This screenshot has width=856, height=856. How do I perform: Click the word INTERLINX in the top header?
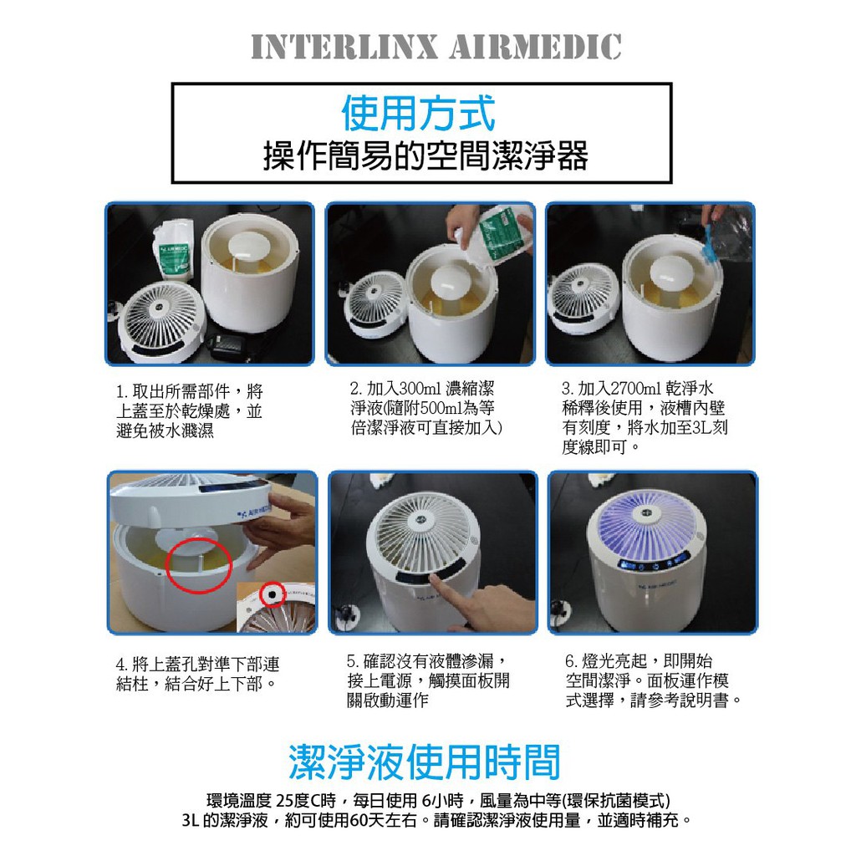click(x=344, y=47)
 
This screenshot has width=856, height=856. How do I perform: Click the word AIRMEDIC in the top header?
click(x=536, y=47)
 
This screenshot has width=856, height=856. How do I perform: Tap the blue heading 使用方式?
click(x=419, y=113)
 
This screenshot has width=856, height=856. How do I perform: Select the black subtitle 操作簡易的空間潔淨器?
click(x=425, y=155)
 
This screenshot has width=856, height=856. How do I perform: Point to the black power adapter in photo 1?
click(x=227, y=345)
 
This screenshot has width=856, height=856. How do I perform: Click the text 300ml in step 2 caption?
click(x=420, y=389)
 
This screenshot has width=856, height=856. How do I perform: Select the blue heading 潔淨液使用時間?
click(x=425, y=762)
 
